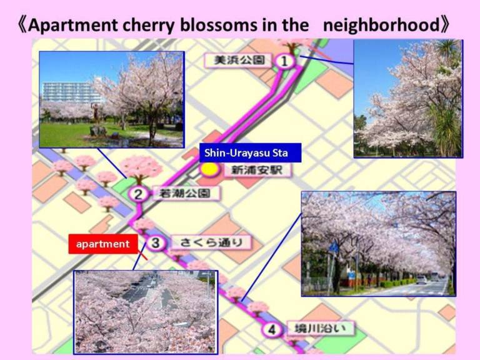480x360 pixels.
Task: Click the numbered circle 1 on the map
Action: pos(284,61)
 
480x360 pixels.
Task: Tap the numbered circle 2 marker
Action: pos(138,194)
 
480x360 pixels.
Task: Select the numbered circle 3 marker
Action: pos(156,243)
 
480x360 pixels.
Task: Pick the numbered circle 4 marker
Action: pos(271,330)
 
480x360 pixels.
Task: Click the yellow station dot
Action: pos(210,169)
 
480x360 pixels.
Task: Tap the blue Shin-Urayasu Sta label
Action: pos(250,152)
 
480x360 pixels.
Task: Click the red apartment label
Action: pos(103,244)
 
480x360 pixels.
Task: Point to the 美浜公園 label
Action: pos(239,60)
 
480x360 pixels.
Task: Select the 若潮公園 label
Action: pos(185,193)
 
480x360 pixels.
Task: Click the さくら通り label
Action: pos(211,242)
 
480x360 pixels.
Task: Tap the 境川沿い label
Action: pos(320,329)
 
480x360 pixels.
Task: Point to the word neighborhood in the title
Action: pos(381,24)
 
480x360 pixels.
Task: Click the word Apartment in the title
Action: pos(72,25)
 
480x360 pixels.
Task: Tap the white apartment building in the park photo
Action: pos(72,92)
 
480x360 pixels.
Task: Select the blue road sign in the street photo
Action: pos(334,247)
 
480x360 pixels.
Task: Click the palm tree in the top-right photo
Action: pos(444,101)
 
